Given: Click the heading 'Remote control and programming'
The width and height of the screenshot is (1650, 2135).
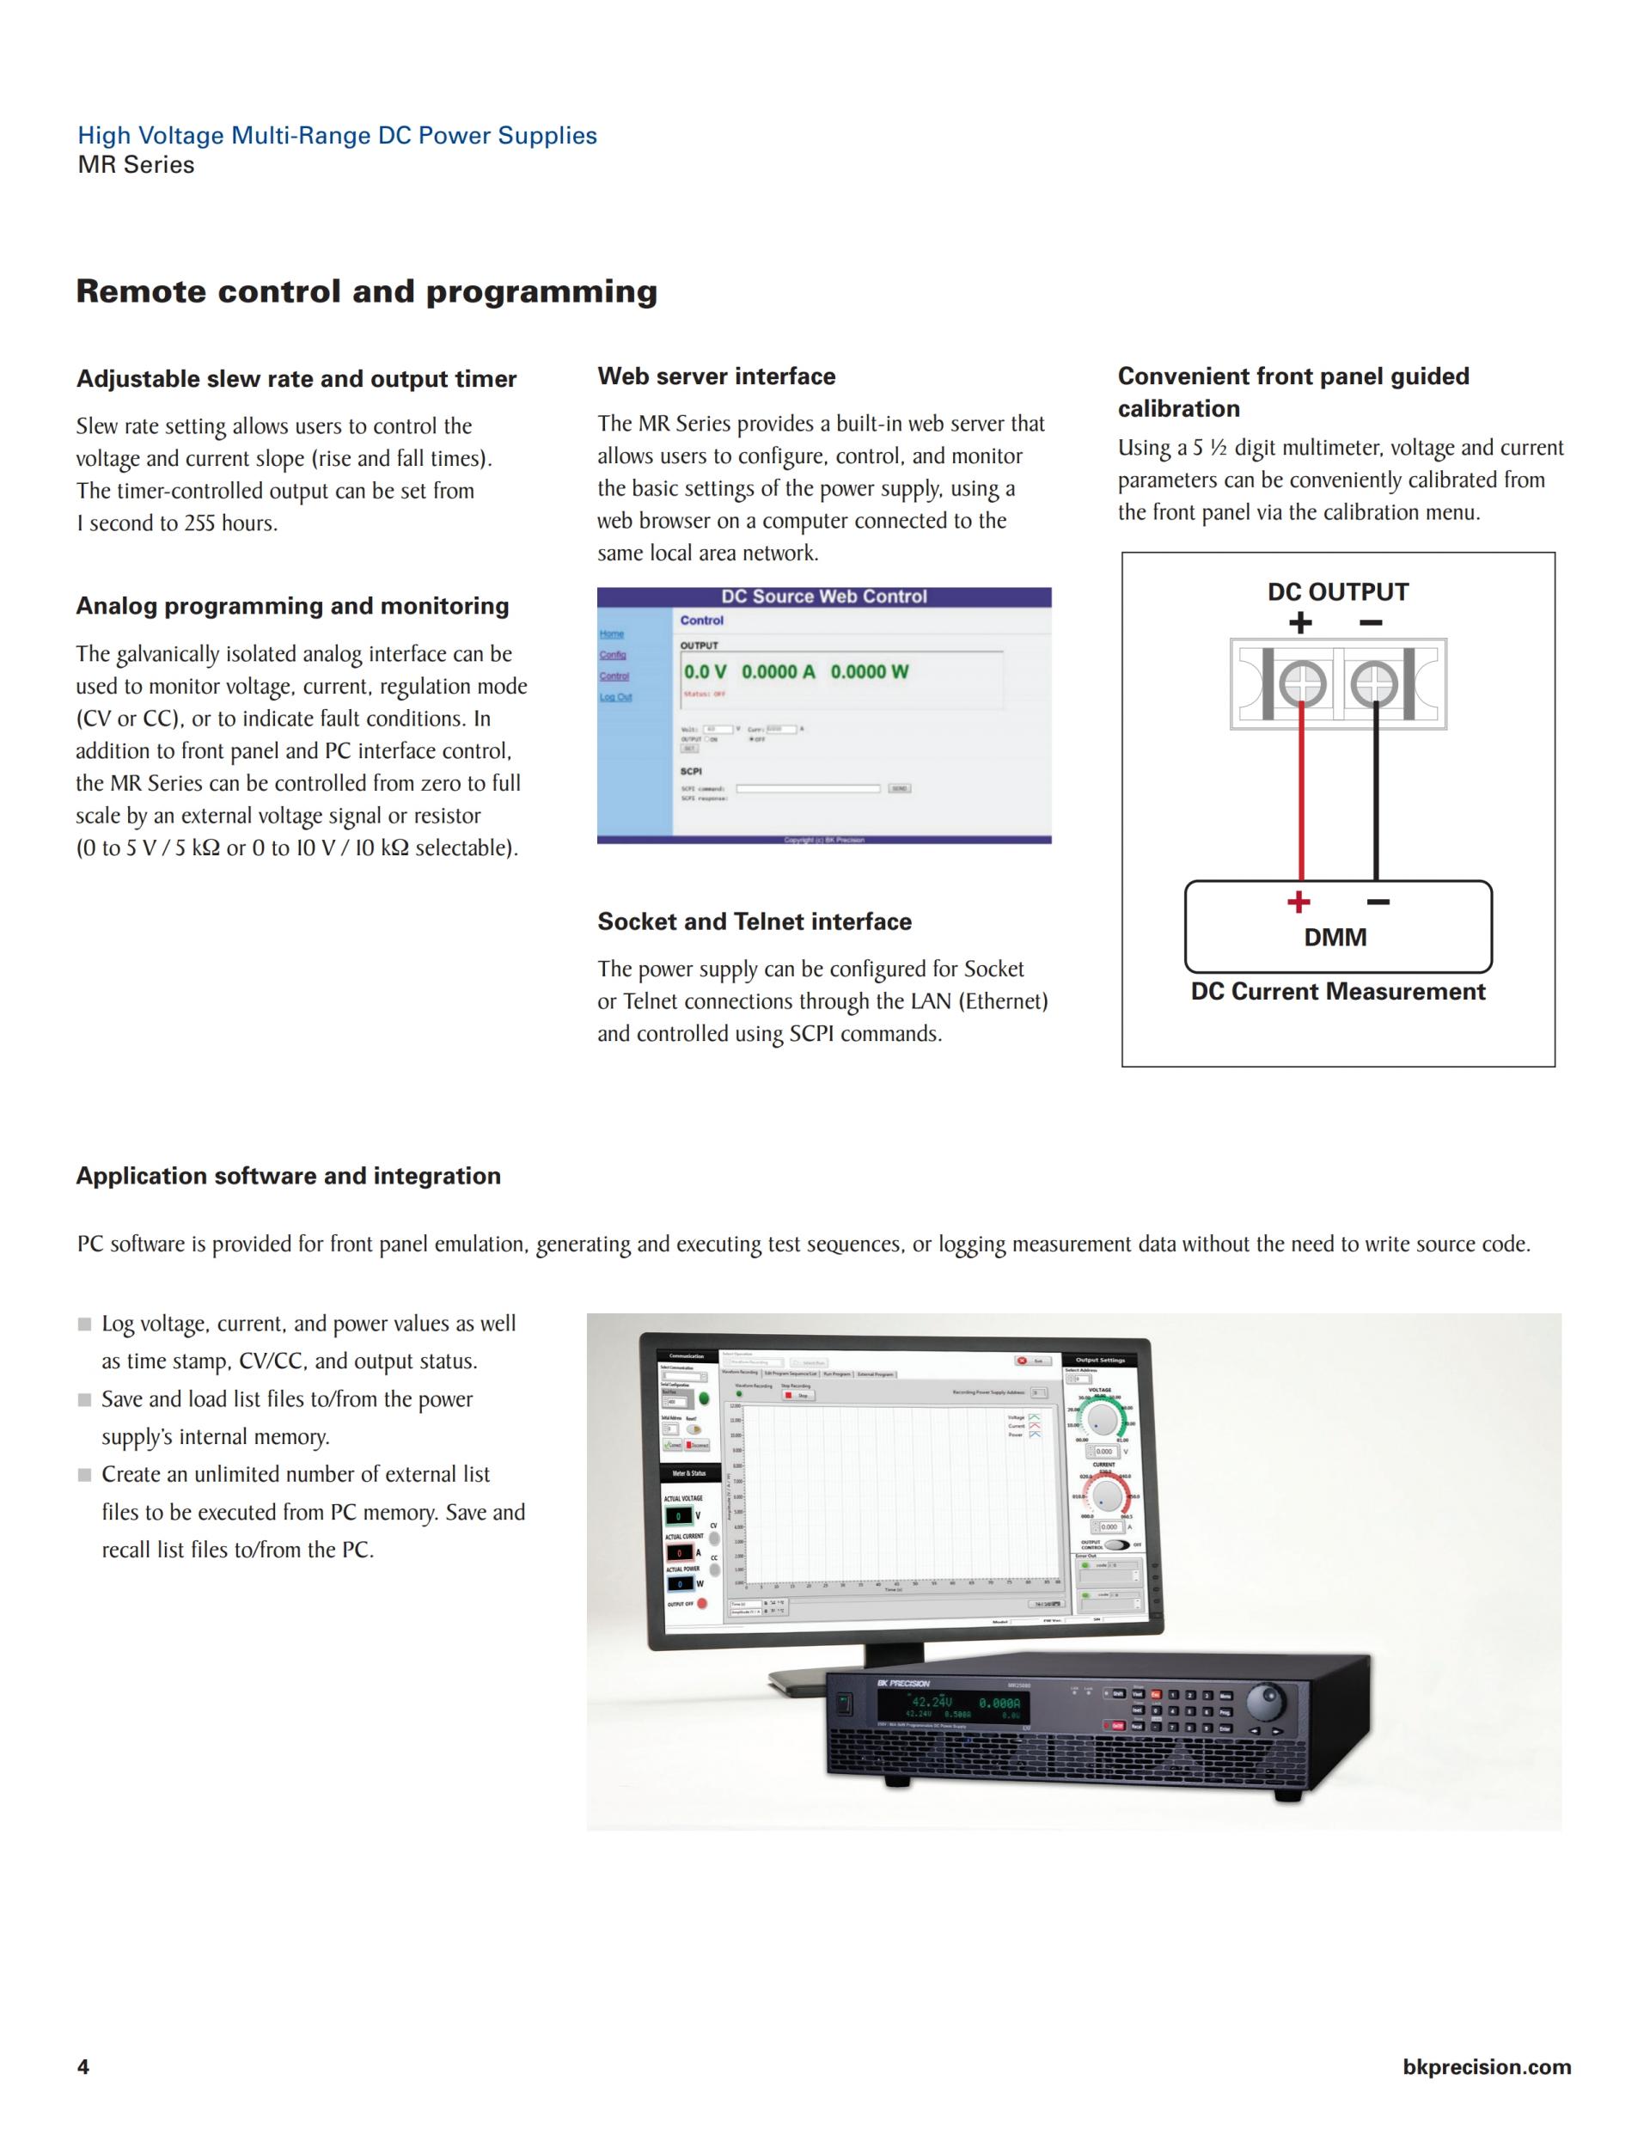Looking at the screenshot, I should [367, 291].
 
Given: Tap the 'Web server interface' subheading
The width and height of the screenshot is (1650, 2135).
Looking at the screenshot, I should [717, 376].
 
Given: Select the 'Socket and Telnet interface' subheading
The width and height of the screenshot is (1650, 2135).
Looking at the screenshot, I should [754, 922].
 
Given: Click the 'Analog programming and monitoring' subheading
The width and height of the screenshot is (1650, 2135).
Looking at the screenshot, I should [292, 606].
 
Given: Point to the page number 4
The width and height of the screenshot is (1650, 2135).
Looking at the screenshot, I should [83, 2066].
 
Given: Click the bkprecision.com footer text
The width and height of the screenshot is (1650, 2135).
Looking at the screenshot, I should [1486, 2066].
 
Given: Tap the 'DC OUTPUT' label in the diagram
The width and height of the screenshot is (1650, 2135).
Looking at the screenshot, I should [1337, 592].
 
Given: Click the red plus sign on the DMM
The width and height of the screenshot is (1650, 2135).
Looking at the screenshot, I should [1299, 902].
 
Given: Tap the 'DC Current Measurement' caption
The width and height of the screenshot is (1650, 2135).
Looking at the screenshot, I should [1337, 992].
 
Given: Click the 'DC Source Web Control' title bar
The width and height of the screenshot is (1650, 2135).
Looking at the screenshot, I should [824, 596].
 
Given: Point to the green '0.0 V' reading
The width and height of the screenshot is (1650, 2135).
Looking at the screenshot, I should [705, 671].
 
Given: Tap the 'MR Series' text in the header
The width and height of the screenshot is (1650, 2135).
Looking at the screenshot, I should [136, 165].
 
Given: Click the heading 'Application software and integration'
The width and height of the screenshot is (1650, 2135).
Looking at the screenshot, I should [289, 1176].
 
